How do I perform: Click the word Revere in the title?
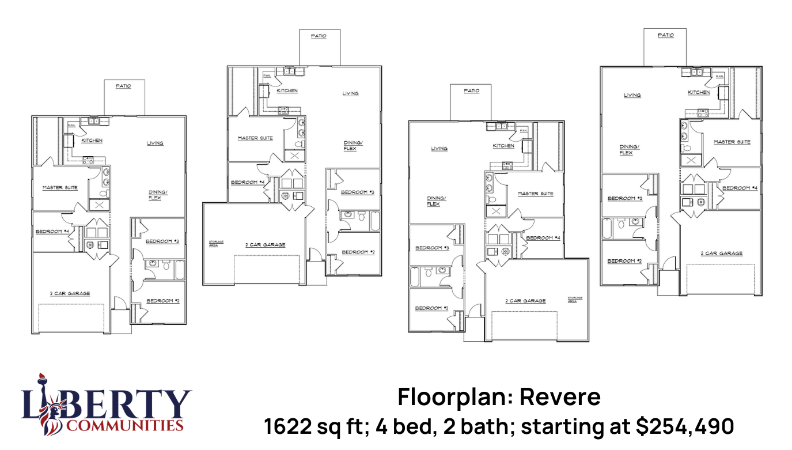[x=560, y=397]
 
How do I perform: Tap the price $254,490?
[x=685, y=426]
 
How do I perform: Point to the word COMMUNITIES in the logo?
[x=125, y=426]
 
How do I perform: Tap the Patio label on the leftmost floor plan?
[x=123, y=86]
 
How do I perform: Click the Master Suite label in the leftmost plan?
[x=60, y=187]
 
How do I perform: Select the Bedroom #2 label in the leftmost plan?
[x=163, y=301]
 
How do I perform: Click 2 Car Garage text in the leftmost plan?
[x=70, y=293]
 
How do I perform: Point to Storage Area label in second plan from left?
[x=216, y=243]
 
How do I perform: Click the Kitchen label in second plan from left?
[x=287, y=91]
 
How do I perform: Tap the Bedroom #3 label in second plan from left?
[x=358, y=192]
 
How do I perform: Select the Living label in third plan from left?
[x=439, y=149]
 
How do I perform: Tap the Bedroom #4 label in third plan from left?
[x=543, y=238]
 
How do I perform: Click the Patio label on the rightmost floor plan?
[x=665, y=35]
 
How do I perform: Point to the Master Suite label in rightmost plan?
[x=732, y=142]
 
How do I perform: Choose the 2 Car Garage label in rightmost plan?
[x=721, y=254]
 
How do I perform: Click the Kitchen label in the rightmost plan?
[x=698, y=92]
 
